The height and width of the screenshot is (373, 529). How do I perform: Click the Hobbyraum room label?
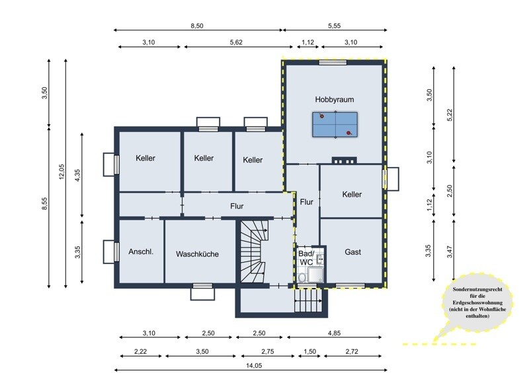coord(335,100)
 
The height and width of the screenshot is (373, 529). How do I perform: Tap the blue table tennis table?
coord(335,125)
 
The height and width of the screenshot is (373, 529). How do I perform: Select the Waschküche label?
coord(197,254)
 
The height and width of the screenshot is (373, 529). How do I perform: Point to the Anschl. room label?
coord(141,252)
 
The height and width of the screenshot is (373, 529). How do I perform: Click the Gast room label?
coord(353,252)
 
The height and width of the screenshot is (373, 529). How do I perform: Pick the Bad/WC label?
coord(306,257)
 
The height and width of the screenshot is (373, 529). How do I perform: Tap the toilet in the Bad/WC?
coord(302,277)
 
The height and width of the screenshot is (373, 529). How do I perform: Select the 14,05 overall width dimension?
coord(254,365)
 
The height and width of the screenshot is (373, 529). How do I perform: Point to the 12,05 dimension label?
coord(61,172)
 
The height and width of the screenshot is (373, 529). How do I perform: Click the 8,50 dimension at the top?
coord(197,26)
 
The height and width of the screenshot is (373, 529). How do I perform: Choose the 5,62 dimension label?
coord(236,42)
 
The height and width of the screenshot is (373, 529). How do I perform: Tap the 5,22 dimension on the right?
coord(449,116)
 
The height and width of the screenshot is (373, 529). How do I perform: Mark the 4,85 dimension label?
coord(334,333)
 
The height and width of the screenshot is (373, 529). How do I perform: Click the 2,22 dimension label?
coord(140,351)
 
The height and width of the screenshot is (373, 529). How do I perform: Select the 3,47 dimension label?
coord(449,252)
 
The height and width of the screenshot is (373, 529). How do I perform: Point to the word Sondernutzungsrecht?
coord(477,289)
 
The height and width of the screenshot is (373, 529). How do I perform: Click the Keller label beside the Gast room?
coord(352,194)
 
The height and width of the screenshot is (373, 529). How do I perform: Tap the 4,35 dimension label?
coord(77,175)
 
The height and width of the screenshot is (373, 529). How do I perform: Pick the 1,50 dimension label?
coord(309,351)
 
